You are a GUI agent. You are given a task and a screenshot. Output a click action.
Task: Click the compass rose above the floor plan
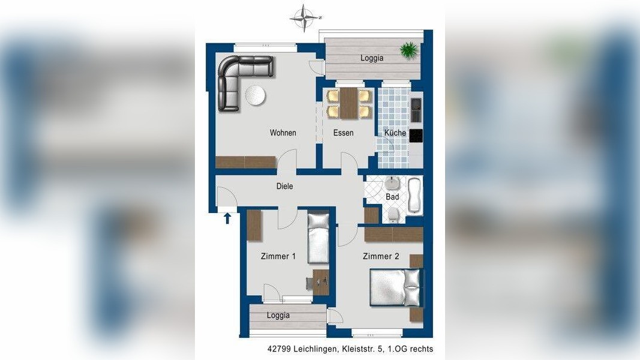[x=305, y=18]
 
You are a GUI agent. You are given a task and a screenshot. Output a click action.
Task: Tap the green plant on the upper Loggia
[x=408, y=50]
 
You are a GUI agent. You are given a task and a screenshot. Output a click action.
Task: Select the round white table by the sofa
[x=256, y=95]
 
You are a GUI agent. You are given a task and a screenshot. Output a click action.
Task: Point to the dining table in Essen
[x=348, y=103]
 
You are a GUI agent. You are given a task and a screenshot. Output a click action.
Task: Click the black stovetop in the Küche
[x=416, y=136]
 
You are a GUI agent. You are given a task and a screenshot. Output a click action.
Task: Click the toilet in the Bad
[x=393, y=214]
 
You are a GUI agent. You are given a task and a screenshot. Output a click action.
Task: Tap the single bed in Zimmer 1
[x=319, y=238]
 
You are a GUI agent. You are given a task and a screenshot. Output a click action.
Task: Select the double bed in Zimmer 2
[x=395, y=287]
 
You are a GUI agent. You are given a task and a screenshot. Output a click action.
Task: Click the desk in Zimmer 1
[x=321, y=282]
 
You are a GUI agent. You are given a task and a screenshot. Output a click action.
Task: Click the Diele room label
[x=284, y=186]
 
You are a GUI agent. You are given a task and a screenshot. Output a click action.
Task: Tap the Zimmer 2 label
[x=381, y=256]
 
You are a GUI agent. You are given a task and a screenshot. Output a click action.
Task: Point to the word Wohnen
[x=283, y=133]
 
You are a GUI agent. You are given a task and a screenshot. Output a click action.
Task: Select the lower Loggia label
[x=278, y=315]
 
